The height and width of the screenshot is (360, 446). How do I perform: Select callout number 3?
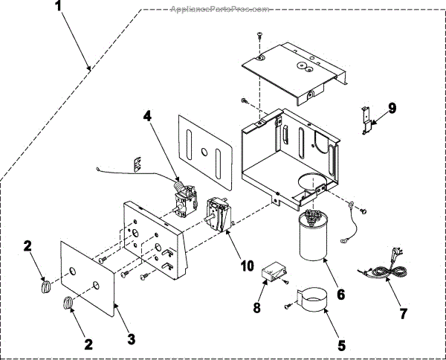pyautogui.click(x=132, y=338)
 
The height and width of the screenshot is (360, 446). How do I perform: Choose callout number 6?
pyautogui.click(x=340, y=294)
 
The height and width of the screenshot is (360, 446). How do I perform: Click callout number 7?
pyautogui.click(x=404, y=313)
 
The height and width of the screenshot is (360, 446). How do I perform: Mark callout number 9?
pyautogui.click(x=392, y=107)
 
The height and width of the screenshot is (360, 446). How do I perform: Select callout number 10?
pyautogui.click(x=247, y=266)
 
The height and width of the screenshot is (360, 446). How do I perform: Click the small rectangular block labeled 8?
pyautogui.click(x=274, y=274)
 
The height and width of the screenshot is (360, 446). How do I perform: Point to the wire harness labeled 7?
pyautogui.click(x=383, y=271)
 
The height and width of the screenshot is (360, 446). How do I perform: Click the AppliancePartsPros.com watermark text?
pyautogui.click(x=219, y=10)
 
